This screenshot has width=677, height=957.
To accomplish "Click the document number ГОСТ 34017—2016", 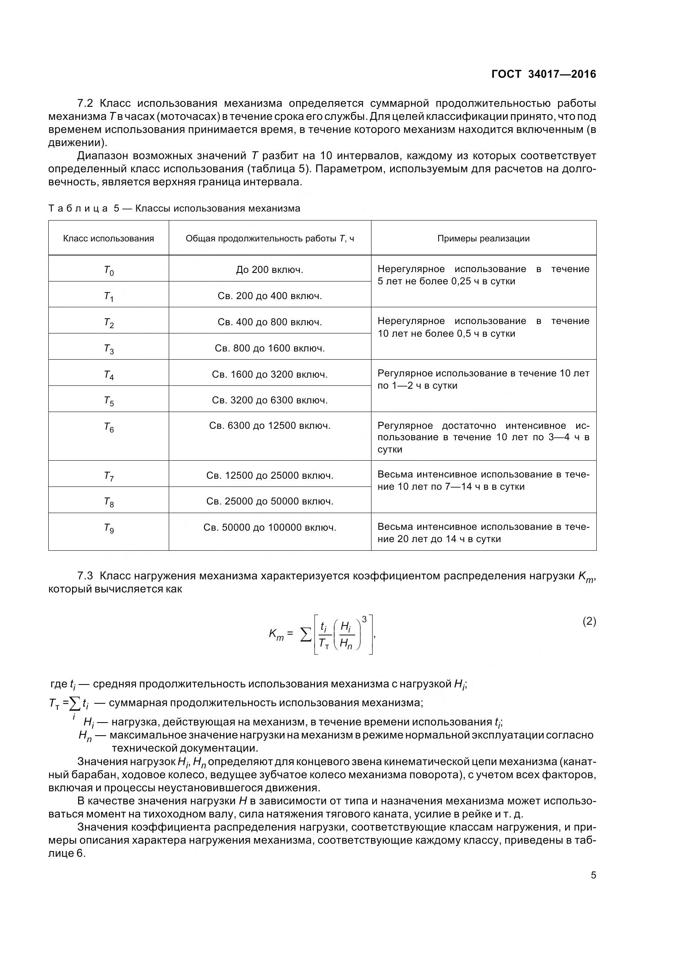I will tap(543, 74).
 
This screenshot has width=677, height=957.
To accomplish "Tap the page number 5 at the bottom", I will tap(593, 875).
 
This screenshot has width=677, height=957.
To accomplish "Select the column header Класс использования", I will tap(109, 239).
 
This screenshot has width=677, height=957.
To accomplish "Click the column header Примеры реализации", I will tap(483, 239).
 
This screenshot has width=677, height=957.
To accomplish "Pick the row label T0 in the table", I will tap(109, 270).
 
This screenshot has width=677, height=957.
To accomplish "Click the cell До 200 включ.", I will tap(269, 270).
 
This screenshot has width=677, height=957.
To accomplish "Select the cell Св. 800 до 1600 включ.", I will tap(269, 348).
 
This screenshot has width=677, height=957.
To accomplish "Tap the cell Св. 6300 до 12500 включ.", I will tap(269, 426).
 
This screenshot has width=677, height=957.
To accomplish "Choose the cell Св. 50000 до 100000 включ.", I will tap(269, 528).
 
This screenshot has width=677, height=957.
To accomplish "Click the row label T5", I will tap(109, 401).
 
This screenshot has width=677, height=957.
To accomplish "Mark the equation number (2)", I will tap(589, 621).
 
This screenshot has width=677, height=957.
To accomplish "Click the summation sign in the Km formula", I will tap(306, 635).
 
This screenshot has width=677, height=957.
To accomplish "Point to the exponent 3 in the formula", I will tap(364, 620).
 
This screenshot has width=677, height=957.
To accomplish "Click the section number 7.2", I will tap(86, 103).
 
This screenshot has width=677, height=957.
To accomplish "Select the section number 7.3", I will tap(86, 576).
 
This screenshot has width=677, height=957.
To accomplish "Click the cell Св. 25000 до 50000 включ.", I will tap(269, 502).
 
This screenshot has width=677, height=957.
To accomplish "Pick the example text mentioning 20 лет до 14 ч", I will tap(483, 533).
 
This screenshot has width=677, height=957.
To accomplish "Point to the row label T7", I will tap(109, 476).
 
